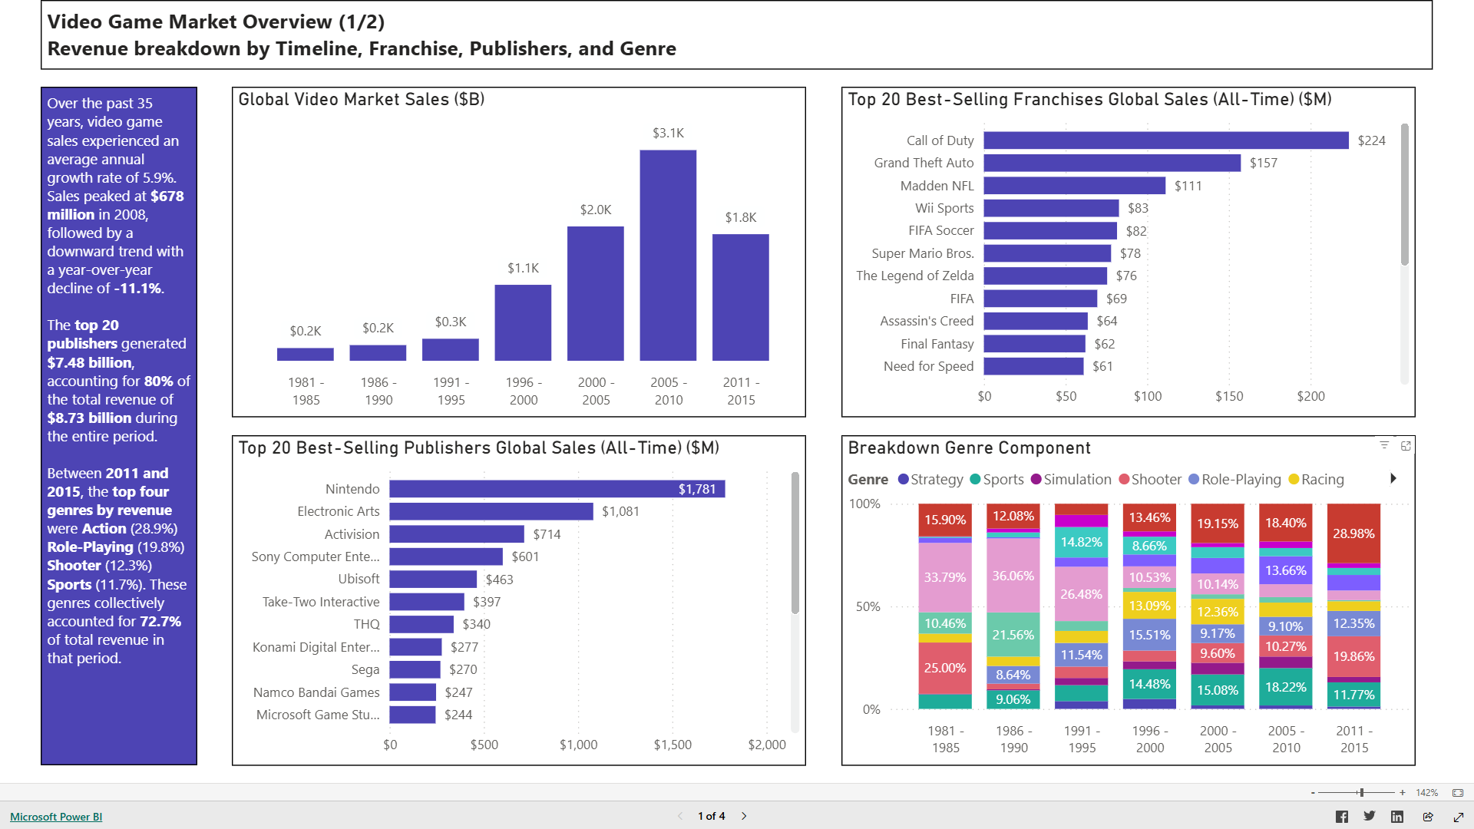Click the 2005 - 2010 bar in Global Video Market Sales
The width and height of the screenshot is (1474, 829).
(668, 255)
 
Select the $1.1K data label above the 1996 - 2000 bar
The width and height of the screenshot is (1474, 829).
(523, 268)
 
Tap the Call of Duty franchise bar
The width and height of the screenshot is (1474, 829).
(1165, 140)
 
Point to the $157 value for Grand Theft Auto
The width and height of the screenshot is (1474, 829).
(1263, 163)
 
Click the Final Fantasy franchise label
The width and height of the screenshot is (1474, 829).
(937, 344)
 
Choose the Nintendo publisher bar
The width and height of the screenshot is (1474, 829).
(557, 489)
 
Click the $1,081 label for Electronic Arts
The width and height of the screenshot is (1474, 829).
(620, 511)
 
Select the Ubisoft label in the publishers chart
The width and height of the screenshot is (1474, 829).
(359, 579)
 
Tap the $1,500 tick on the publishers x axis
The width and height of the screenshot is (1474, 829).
(673, 745)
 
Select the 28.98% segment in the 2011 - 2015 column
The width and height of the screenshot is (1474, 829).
(1353, 533)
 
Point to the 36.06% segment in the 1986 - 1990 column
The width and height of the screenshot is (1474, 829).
(1013, 576)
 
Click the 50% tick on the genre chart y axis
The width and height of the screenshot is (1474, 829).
(868, 606)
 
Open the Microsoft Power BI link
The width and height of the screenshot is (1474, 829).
(56, 817)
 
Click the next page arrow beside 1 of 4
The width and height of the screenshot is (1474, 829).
(744, 816)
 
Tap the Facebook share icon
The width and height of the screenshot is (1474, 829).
(1341, 817)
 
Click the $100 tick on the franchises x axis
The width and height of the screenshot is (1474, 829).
(1148, 396)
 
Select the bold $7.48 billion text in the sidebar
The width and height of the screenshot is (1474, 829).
(90, 362)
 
